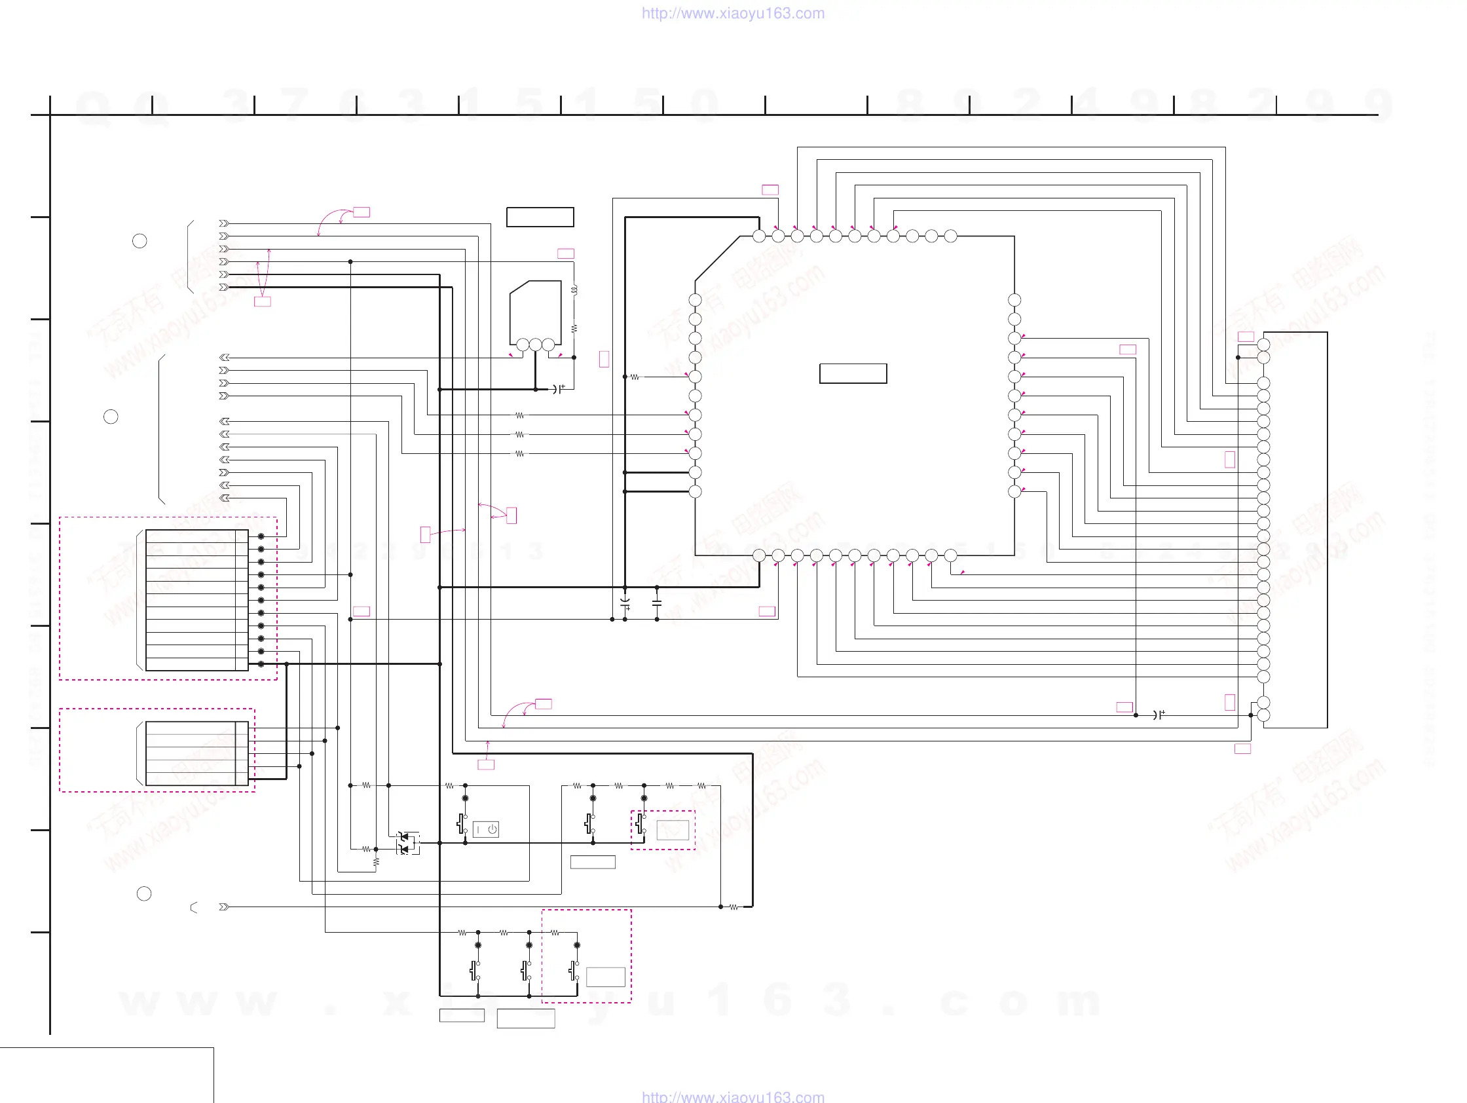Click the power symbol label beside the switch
[x=486, y=829]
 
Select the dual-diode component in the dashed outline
[x=407, y=843]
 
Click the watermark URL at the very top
[x=733, y=13]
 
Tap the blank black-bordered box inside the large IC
[x=853, y=373]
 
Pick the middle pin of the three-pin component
[x=535, y=345]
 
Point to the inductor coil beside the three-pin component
[x=574, y=290]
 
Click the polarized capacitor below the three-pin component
[x=558, y=389]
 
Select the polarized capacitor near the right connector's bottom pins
[x=1158, y=715]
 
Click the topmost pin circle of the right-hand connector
[x=1263, y=345]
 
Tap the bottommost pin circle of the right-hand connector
[x=1263, y=715]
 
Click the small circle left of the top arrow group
[x=139, y=241]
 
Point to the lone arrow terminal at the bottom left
[x=224, y=907]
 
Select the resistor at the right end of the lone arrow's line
[x=733, y=907]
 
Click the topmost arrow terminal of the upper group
[x=224, y=223]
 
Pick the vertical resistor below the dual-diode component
[x=376, y=862]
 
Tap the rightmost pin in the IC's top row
[x=950, y=235]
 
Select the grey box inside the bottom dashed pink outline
[x=606, y=977]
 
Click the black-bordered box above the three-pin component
[x=540, y=217]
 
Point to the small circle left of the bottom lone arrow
[x=144, y=893]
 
